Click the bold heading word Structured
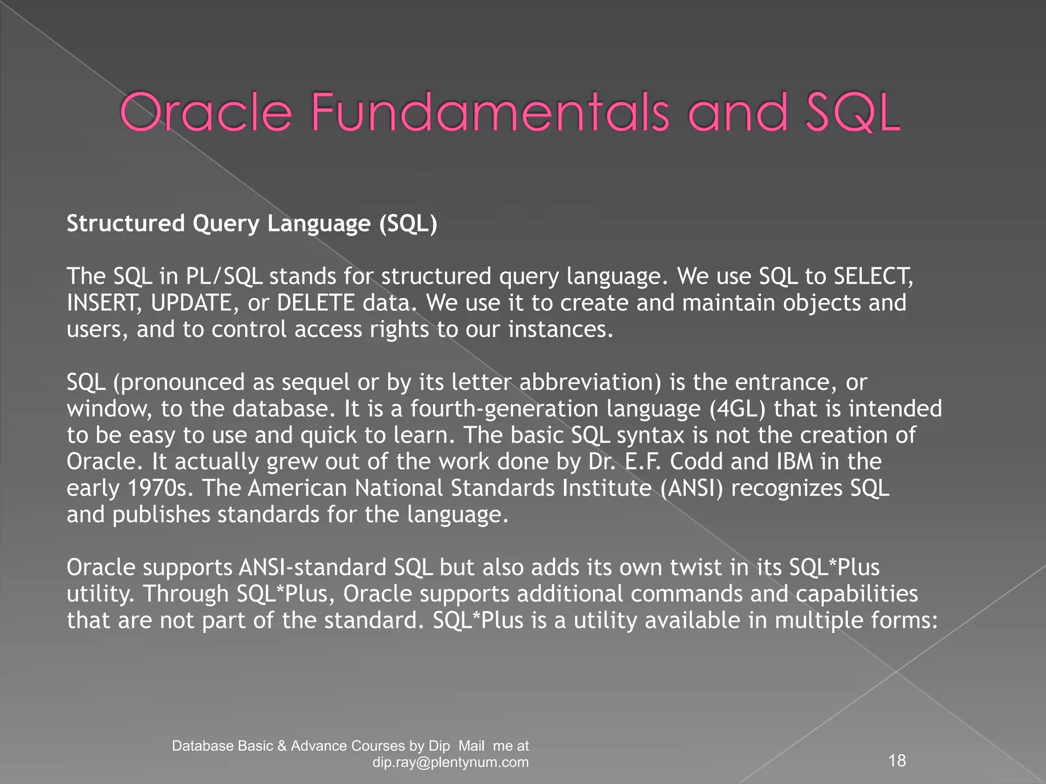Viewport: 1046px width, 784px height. click(x=126, y=224)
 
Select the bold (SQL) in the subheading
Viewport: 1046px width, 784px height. click(x=408, y=224)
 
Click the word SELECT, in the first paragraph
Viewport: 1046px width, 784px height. click(x=873, y=276)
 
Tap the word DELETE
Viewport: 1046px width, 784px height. click(x=315, y=303)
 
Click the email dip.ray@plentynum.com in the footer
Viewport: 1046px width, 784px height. click(x=450, y=763)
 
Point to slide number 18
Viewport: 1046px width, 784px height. click(x=897, y=761)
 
